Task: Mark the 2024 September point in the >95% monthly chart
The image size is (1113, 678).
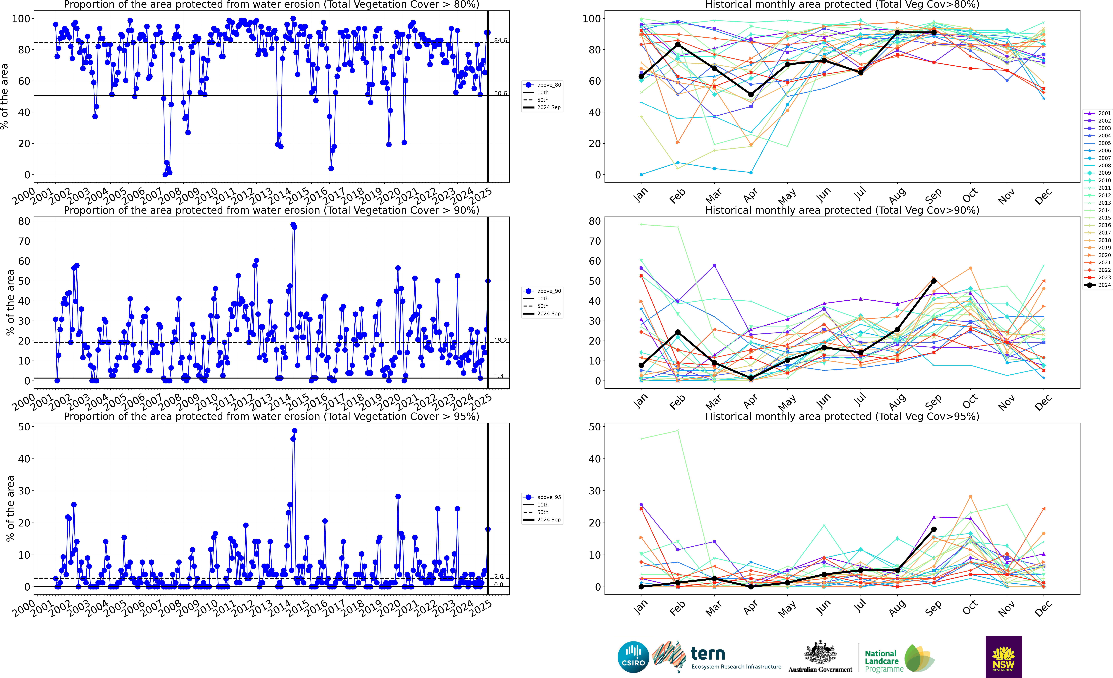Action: tap(934, 529)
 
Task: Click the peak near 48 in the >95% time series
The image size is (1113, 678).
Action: tap(294, 431)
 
